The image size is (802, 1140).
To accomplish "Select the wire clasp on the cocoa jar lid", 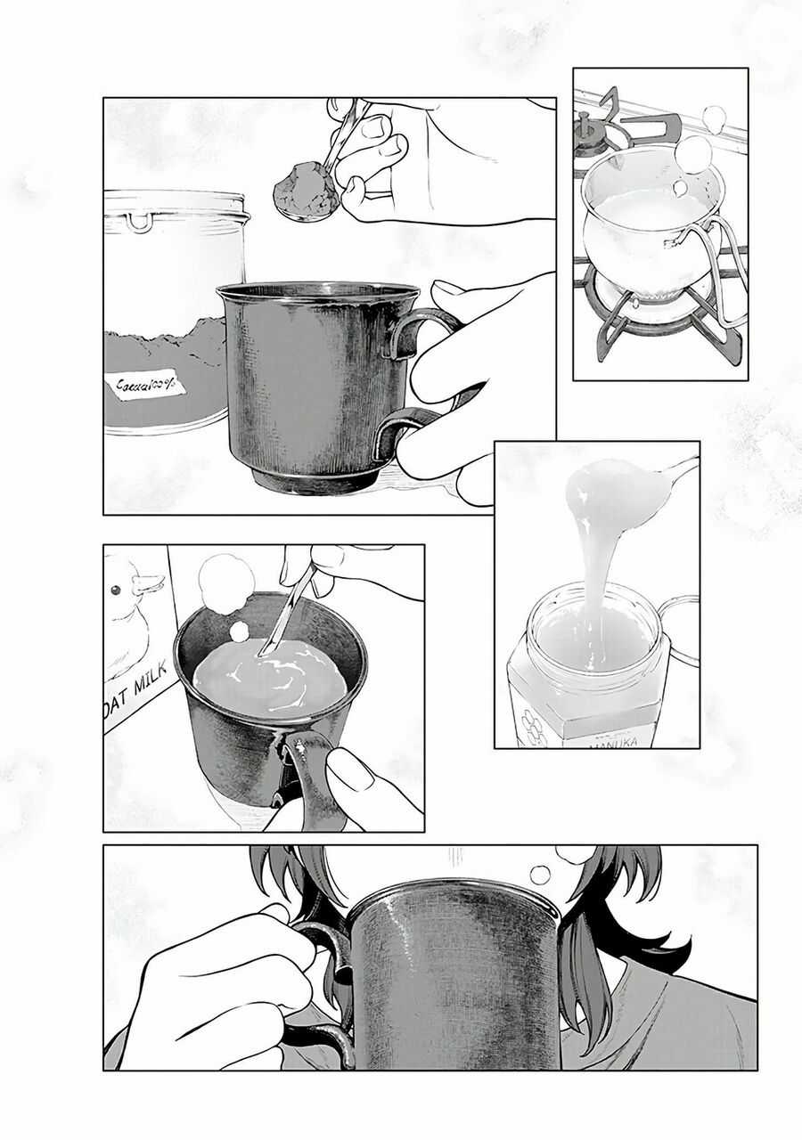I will [138, 221].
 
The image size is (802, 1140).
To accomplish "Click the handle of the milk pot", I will [717, 267].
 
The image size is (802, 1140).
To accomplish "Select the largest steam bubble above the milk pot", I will [692, 153].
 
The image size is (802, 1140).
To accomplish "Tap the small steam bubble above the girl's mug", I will [540, 875].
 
